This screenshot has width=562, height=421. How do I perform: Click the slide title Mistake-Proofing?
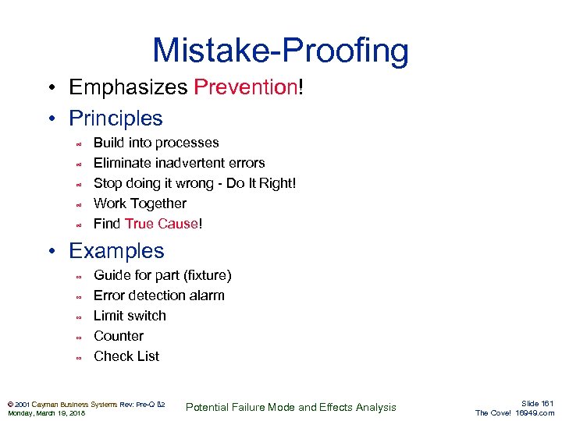click(x=280, y=51)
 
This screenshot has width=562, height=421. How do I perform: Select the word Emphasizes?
click(x=128, y=87)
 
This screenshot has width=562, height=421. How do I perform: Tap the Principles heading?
click(x=116, y=119)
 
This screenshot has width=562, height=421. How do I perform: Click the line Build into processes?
click(x=156, y=143)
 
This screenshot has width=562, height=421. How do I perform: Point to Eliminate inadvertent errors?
click(x=179, y=163)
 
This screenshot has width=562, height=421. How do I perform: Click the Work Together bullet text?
click(x=140, y=203)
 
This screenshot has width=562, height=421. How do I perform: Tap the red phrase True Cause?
click(x=161, y=224)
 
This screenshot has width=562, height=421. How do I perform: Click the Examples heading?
click(x=116, y=251)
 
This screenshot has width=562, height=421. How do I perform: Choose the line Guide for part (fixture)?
click(x=162, y=275)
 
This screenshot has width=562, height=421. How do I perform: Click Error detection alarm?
click(x=158, y=295)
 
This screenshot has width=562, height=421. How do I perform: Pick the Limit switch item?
click(x=130, y=316)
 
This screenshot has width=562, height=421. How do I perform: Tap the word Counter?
click(x=119, y=336)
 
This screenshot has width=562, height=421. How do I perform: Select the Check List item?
click(x=126, y=356)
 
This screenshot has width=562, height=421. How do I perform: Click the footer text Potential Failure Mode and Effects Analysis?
click(x=290, y=407)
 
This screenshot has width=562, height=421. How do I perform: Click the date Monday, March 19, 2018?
click(x=46, y=413)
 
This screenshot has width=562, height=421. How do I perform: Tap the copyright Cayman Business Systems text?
click(x=70, y=404)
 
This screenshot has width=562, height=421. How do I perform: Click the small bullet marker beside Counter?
click(x=78, y=338)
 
